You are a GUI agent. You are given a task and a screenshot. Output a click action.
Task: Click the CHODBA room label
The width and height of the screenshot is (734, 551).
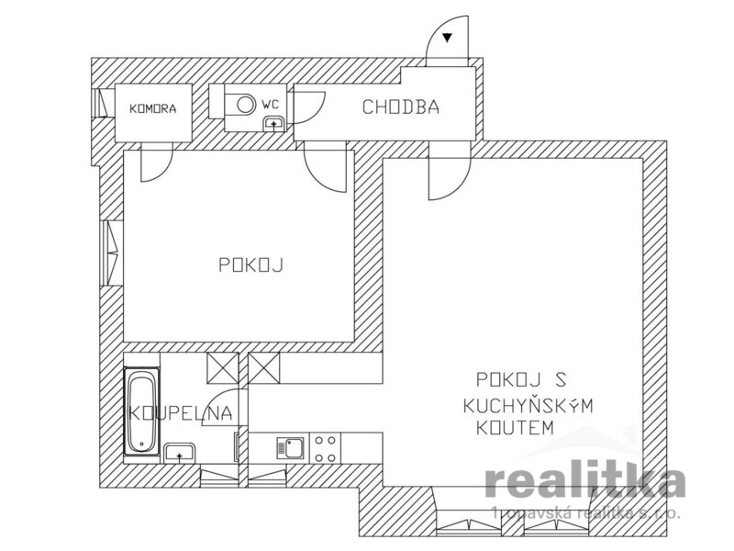coord(401,107)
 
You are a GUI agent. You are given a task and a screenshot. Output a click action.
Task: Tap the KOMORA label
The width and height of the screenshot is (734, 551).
coord(153,109)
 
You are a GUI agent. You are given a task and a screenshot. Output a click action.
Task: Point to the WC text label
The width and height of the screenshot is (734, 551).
coord(270,105)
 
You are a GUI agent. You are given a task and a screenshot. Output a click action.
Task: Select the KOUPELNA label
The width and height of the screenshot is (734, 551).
coord(180,413)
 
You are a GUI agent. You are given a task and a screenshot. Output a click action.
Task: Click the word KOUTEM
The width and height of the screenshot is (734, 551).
coord(515,428)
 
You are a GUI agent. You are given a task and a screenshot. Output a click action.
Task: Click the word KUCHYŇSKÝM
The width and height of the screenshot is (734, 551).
coord(528,405)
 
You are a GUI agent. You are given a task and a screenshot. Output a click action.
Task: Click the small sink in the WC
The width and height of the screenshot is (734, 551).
coord(273,124)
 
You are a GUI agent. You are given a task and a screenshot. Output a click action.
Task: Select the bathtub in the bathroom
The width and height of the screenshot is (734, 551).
coord(142,411)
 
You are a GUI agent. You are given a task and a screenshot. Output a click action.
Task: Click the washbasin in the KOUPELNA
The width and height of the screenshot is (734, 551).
coord(179,453)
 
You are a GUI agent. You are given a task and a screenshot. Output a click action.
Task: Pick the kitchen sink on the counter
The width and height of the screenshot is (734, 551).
coord(290,448)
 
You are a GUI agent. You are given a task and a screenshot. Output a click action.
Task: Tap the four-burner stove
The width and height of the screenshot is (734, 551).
coord(326,449)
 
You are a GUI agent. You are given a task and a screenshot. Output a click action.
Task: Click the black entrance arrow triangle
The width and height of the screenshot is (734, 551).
coord(448,38)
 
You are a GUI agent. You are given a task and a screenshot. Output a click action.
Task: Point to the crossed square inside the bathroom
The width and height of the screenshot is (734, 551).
coord(222,368)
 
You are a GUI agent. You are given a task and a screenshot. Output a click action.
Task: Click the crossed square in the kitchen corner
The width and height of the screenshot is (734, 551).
coord(264,368)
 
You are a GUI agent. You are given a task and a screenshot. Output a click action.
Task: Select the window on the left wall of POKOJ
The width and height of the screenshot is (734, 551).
coord(111,253)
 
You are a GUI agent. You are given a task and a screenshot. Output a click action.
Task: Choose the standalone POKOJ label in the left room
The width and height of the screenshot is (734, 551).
coord(251,265)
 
